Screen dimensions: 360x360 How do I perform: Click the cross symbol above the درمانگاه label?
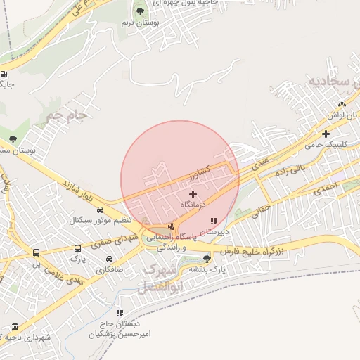(193, 193)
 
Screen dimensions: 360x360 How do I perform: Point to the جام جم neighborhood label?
(67, 112)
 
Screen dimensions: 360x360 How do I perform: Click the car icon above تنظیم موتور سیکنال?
(100, 210)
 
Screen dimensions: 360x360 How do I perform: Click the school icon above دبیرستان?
(214, 221)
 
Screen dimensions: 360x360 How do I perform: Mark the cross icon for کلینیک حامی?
(326, 134)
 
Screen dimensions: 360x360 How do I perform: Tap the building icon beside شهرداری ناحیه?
(15, 327)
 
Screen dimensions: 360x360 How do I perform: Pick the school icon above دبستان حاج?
(120, 313)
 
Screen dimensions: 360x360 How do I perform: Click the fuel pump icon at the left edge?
(4, 74)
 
